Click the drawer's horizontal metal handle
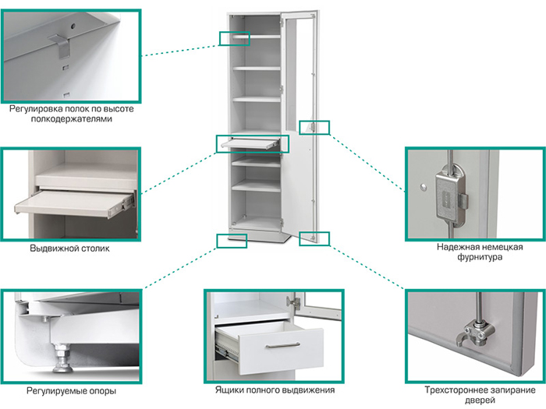[x=280, y=346]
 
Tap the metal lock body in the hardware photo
[x=450, y=192]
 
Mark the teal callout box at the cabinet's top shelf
[x=234, y=38]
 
